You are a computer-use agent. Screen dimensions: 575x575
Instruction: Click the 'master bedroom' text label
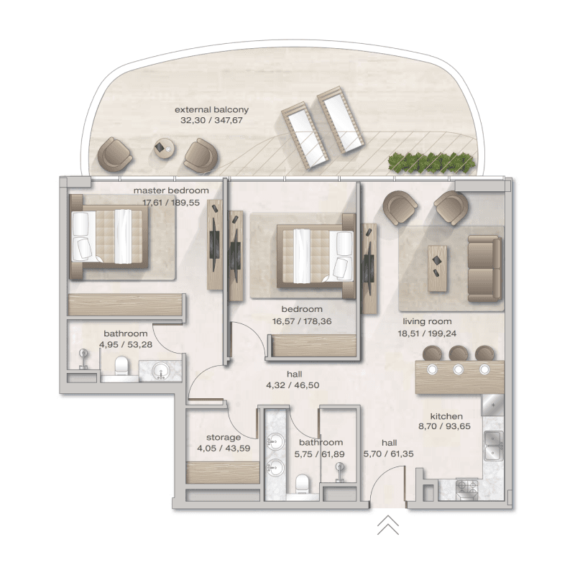[171, 190]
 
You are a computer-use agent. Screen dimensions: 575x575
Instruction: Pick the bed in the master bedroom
[109, 236]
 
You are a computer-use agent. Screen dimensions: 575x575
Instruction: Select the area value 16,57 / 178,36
[297, 321]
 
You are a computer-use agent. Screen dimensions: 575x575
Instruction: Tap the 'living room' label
[427, 321]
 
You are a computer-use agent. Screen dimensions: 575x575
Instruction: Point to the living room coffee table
[437, 268]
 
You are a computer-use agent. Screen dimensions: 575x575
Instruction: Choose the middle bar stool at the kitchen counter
[459, 354]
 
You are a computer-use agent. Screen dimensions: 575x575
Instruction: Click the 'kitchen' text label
[446, 416]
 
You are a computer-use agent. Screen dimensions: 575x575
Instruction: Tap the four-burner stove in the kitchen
[469, 489]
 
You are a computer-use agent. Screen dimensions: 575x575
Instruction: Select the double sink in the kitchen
[493, 445]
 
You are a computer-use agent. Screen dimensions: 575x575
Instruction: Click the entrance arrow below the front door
[387, 526]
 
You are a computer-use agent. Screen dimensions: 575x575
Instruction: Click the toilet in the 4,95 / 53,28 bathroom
[121, 366]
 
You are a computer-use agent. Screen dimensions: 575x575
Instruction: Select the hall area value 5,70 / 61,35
[389, 454]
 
